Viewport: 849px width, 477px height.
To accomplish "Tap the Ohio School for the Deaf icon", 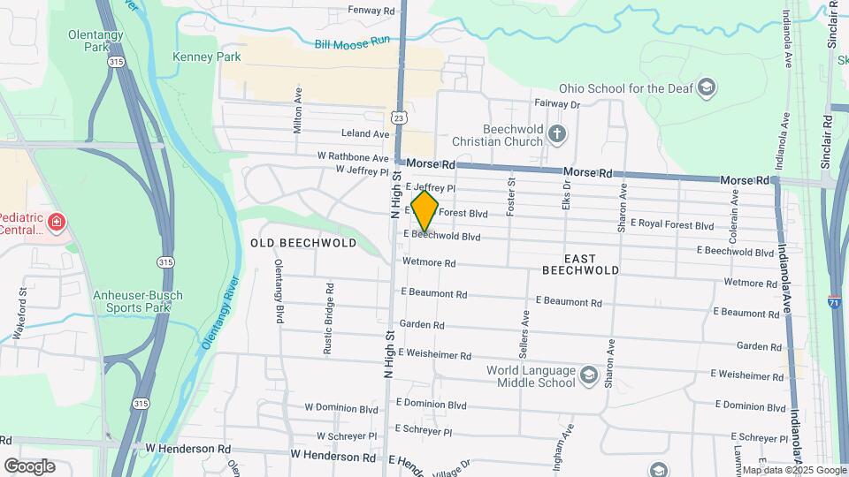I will coord(707,87).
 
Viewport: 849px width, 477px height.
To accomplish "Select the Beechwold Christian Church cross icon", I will coord(556,134).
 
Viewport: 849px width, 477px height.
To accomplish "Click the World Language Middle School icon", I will coord(589,378).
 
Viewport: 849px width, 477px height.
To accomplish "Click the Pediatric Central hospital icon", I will coord(57,222).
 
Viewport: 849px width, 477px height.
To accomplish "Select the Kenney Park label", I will coord(207,57).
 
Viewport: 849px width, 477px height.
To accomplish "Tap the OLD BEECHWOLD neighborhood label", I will coord(303,243).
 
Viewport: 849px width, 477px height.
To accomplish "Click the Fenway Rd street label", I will coord(371,11).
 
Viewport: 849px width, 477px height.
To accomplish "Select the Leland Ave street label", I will coord(365,134).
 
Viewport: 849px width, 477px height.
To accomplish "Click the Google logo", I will coord(29,466).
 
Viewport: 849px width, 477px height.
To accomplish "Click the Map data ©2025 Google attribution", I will coord(794,470).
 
